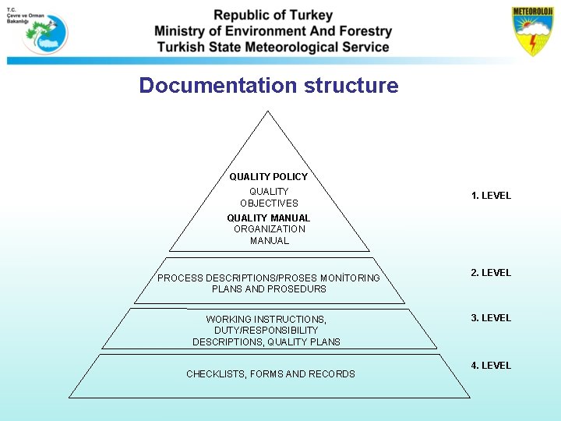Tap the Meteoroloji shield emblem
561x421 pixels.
coord(532,32)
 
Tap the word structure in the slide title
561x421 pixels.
coord(351,86)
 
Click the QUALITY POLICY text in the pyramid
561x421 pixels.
coord(268,177)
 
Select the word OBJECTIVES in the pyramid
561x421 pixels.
coord(269,203)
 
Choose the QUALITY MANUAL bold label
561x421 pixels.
coord(268,218)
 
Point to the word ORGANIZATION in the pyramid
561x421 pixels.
coord(269,229)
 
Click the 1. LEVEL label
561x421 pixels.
coord(491,196)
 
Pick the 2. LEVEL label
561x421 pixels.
coord(491,273)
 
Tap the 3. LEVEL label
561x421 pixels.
coord(491,318)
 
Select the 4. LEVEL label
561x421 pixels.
coord(491,365)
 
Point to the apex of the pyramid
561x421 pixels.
coord(269,111)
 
